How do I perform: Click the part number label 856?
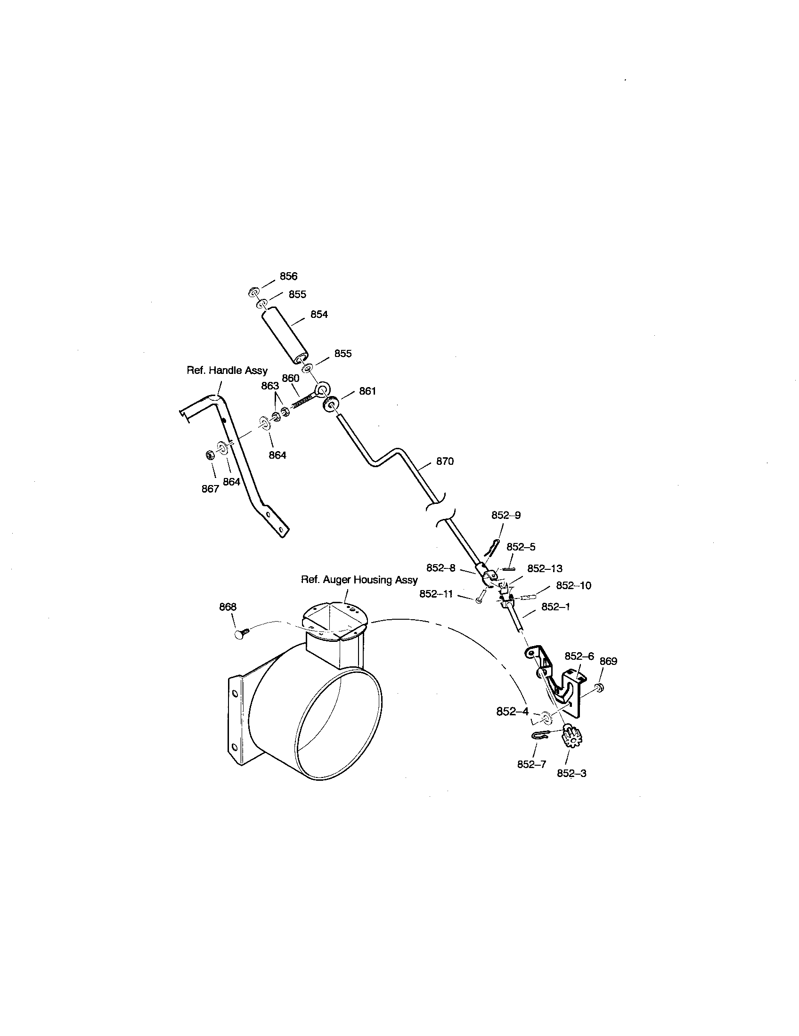(288, 276)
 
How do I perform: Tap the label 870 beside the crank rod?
(445, 461)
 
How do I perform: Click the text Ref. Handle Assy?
(227, 370)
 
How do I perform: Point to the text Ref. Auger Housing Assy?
(359, 580)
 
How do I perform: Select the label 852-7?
(531, 764)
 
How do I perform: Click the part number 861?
(367, 391)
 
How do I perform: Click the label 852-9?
(506, 515)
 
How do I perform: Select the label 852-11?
(436, 593)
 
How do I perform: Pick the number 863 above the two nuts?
(269, 386)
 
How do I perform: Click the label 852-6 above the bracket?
(579, 656)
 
